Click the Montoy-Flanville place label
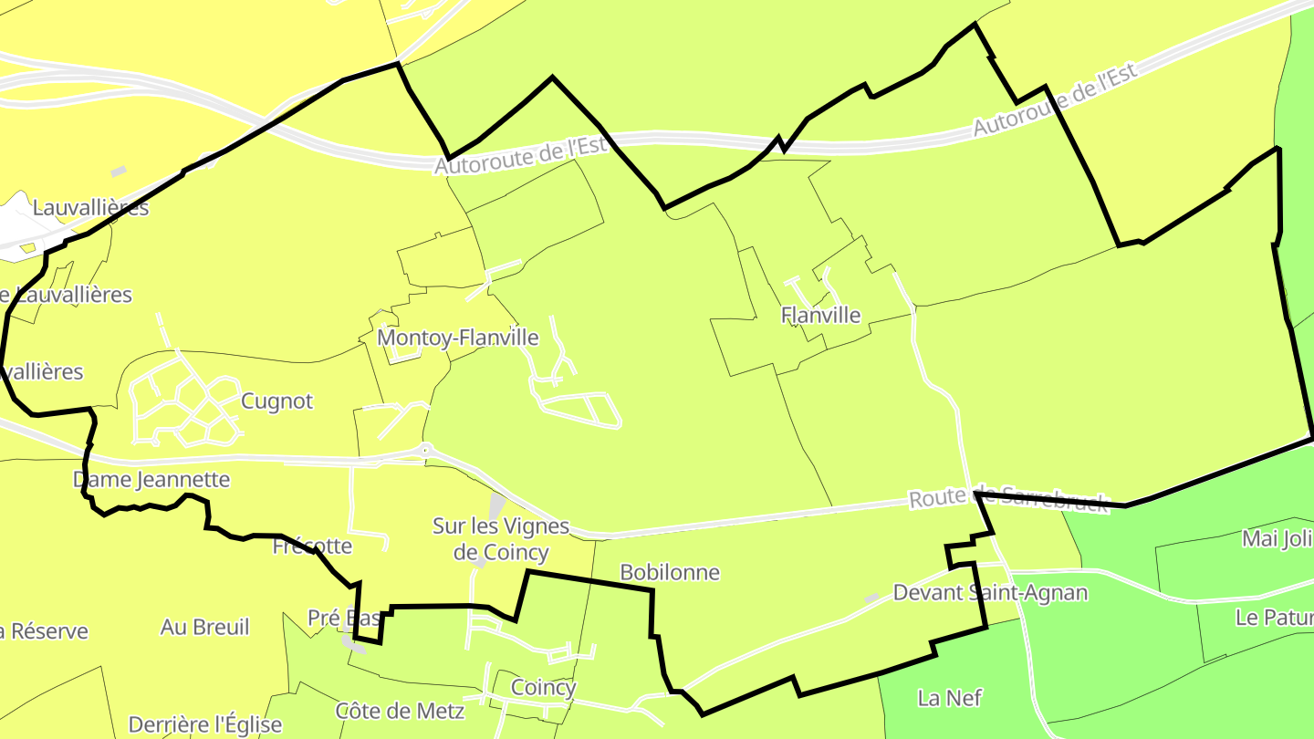[458, 338]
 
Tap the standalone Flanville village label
[820, 315]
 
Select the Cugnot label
[276, 401]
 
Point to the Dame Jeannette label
[151, 479]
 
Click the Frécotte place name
[312, 546]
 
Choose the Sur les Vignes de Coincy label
[501, 539]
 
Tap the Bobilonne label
[670, 572]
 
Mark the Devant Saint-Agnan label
[990, 592]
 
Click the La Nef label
[950, 698]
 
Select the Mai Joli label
[1277, 538]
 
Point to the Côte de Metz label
[400, 710]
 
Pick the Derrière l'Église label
[205, 724]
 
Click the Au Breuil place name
[204, 627]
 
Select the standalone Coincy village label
[543, 687]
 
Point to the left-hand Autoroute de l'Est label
[520, 156]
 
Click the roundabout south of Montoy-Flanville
[425, 449]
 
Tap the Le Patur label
[1274, 617]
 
